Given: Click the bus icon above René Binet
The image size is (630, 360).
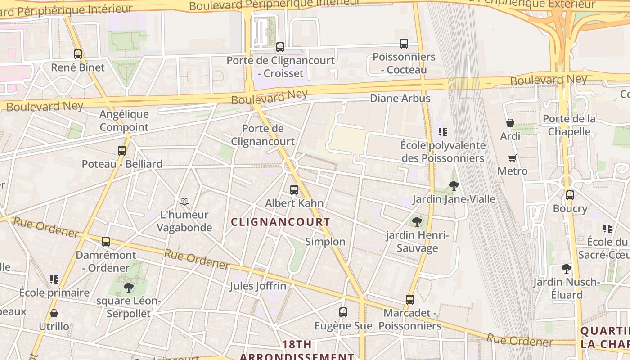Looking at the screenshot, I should [78, 54].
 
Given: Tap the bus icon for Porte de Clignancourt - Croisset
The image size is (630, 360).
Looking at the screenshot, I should [280, 47].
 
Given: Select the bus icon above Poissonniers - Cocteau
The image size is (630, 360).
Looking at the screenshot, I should [404, 44].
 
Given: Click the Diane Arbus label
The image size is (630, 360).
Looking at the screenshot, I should [400, 98].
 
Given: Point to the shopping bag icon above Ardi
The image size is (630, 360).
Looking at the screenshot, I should [510, 123].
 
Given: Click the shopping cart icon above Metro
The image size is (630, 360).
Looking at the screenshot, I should [512, 158].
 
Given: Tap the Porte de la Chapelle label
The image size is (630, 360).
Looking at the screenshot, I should [569, 125].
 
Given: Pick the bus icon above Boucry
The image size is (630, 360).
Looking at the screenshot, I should [570, 195].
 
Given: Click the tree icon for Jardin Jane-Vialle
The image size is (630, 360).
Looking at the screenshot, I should [454, 185].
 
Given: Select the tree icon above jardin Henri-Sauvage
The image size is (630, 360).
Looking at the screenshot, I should [417, 221].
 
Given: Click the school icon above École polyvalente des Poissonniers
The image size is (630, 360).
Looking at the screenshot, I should [443, 132].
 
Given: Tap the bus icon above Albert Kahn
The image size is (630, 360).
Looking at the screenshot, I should [294, 190].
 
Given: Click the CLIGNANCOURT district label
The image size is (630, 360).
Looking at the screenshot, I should [281, 222].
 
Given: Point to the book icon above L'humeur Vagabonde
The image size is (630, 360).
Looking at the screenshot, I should [184, 201].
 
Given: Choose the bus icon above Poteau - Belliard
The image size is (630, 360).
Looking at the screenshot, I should [122, 151].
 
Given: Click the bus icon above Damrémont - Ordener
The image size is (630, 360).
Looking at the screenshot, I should [106, 242].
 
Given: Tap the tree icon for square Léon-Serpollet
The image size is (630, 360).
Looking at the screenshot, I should [129, 287].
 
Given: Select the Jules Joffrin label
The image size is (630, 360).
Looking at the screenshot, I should [258, 286].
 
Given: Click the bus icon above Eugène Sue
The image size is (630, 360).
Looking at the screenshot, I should [343, 312].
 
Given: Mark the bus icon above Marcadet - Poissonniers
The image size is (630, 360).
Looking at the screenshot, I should [410, 299].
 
